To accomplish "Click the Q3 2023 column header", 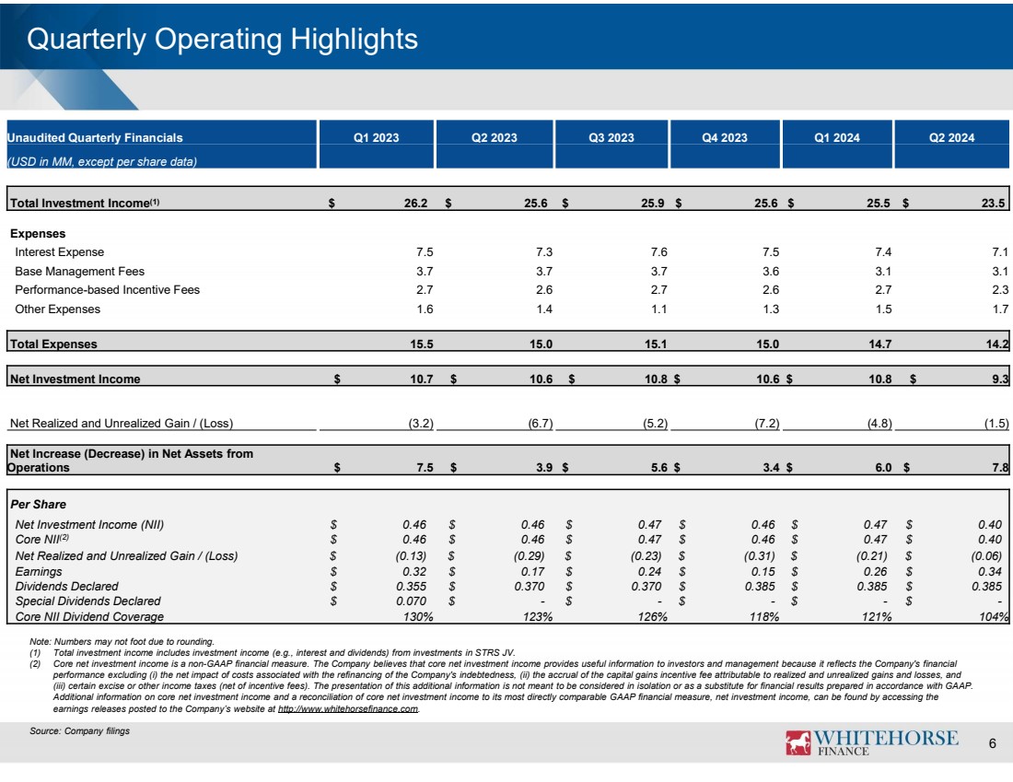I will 611,138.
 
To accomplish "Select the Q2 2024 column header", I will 951,138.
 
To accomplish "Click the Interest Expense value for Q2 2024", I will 1001,252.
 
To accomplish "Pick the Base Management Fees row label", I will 79,272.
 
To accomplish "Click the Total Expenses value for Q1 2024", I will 879,344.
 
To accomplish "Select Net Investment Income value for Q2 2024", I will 1001,378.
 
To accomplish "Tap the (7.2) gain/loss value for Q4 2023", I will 767,424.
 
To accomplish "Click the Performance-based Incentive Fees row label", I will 107,290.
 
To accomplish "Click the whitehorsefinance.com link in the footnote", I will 347,710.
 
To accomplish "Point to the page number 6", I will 992,744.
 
